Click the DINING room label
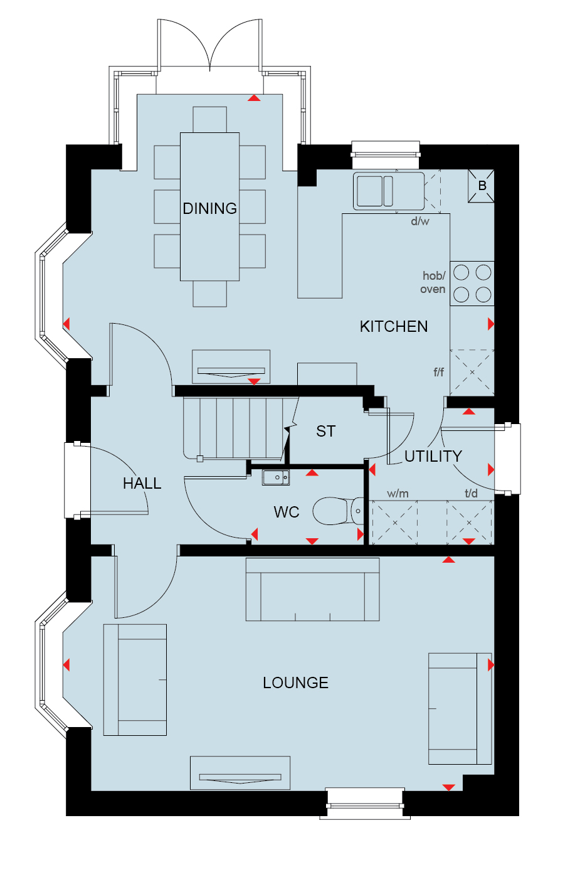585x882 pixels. (x=209, y=209)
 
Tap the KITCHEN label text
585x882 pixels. (x=393, y=326)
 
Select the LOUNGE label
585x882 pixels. (x=296, y=683)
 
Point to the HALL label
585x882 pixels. (x=142, y=483)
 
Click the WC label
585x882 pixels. (x=286, y=512)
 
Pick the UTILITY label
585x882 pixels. (x=433, y=456)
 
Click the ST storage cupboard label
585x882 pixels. (x=326, y=431)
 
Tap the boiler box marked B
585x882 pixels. (x=481, y=186)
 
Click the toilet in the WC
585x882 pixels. (x=339, y=511)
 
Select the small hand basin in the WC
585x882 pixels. (x=276, y=477)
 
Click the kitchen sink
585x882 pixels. (x=389, y=191)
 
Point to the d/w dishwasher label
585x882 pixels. (x=419, y=221)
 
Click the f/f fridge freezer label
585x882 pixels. (x=438, y=372)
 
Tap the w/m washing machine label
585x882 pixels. (x=398, y=494)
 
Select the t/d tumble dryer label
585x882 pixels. (x=471, y=493)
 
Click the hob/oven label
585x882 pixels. (x=433, y=282)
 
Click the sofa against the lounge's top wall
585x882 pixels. (x=313, y=589)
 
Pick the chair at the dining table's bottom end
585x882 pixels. (x=209, y=294)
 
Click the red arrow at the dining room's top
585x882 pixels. (x=254, y=98)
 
